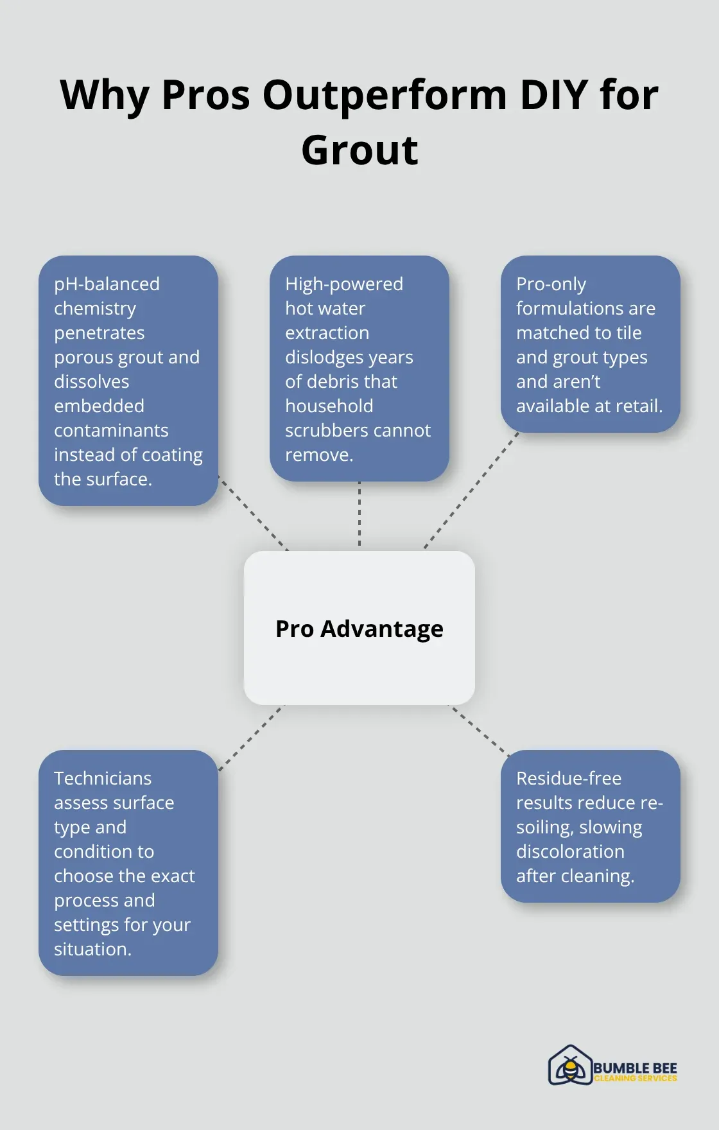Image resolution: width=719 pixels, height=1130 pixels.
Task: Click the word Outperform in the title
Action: click(385, 95)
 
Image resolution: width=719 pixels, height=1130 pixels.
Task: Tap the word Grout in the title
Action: click(359, 150)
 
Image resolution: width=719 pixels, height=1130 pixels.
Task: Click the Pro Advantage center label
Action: click(359, 629)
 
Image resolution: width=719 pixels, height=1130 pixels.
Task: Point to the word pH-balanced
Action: click(107, 284)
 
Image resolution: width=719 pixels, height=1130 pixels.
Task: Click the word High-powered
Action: click(344, 284)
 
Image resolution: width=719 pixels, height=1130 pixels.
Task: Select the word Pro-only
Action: click(551, 284)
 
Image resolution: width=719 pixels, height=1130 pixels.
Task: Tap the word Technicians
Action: click(103, 778)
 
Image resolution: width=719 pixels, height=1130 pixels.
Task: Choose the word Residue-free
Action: click(569, 778)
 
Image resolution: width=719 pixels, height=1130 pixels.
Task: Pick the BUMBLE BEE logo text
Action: click(635, 1068)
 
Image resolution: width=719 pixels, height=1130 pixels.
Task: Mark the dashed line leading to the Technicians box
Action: click(250, 738)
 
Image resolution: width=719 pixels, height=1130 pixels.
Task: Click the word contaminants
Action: click(111, 430)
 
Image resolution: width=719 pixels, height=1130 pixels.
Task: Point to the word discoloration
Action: click(570, 851)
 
